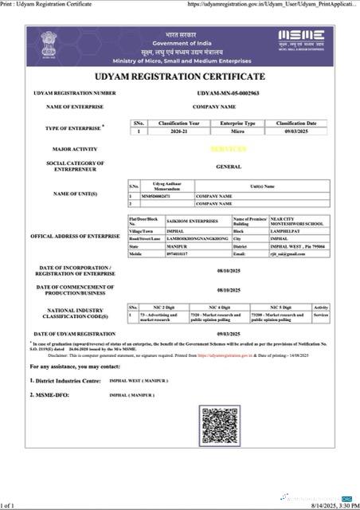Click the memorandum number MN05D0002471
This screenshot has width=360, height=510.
pyautogui.click(x=151, y=194)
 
